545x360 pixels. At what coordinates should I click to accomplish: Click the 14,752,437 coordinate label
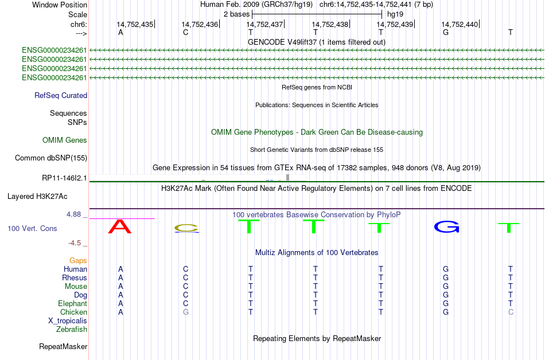(264, 24)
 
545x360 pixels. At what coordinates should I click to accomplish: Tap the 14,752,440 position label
(460, 24)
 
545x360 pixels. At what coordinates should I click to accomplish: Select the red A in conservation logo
(120, 226)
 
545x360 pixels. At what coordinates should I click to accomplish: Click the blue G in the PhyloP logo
(447, 227)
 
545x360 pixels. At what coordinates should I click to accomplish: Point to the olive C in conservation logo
(186, 228)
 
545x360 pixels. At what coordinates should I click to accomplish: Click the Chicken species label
(73, 312)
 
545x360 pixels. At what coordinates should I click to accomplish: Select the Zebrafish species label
(72, 329)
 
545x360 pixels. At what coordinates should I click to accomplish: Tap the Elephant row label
(73, 303)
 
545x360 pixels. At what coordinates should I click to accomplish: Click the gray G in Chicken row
(186, 312)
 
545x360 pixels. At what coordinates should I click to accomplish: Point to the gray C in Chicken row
(511, 312)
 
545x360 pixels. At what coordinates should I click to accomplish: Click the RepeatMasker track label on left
(63, 346)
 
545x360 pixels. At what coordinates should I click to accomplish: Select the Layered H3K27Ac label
(37, 197)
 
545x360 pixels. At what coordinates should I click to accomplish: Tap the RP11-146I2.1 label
(64, 178)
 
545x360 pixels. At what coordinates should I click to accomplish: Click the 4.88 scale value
(73, 214)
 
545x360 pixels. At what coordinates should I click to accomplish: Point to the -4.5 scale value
(75, 243)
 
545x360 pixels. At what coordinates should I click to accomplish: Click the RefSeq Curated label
(61, 96)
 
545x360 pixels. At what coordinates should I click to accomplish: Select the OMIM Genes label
(65, 140)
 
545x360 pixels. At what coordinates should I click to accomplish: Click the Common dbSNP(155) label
(51, 158)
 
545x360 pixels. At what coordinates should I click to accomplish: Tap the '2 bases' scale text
(236, 14)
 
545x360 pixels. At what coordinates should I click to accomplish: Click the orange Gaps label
(78, 260)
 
